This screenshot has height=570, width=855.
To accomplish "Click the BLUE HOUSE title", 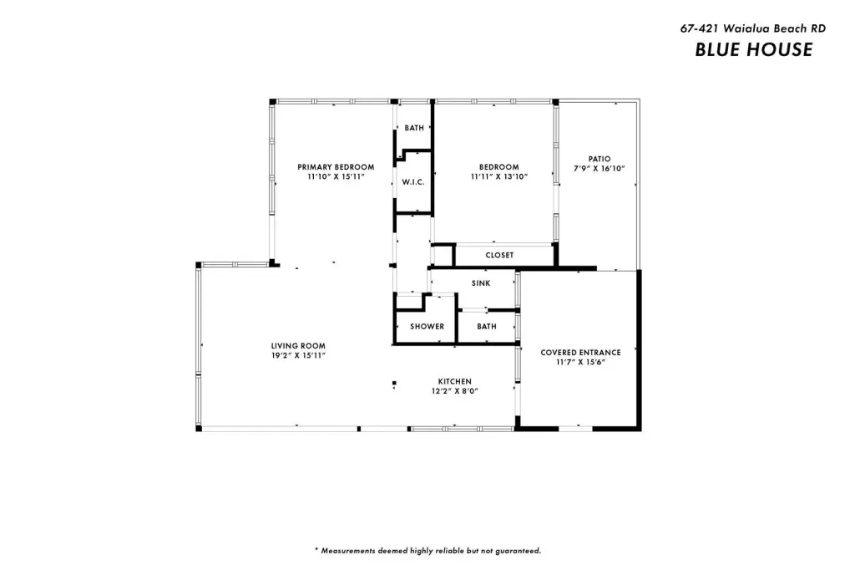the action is (x=754, y=49).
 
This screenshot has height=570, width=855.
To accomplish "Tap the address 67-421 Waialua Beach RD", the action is (x=752, y=28).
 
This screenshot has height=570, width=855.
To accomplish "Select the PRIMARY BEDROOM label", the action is (x=336, y=167).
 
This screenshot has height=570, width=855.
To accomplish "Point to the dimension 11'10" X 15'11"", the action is (x=336, y=177).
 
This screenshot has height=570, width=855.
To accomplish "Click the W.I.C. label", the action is (x=413, y=182).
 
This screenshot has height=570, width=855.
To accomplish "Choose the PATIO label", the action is (x=600, y=159).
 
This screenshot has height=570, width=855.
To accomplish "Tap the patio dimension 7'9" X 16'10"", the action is (x=600, y=169).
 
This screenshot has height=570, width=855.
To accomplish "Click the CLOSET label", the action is (x=499, y=255).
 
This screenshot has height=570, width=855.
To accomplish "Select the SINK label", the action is (x=481, y=283).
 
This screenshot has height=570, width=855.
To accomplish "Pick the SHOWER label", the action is (x=427, y=327).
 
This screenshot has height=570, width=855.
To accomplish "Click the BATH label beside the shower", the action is (x=487, y=327).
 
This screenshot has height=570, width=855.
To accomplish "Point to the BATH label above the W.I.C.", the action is (x=414, y=128).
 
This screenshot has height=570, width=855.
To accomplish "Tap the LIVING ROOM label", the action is (x=298, y=346).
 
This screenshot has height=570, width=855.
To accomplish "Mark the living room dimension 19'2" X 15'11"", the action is (x=298, y=355).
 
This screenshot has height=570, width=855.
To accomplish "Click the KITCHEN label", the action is (x=455, y=382).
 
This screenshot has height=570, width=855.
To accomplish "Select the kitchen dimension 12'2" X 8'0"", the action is (x=455, y=391).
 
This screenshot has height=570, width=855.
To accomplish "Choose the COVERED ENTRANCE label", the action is (x=581, y=353).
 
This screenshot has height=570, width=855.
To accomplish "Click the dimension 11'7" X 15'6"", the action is (x=581, y=362).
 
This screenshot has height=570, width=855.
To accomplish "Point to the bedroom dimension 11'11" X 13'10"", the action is (x=499, y=177).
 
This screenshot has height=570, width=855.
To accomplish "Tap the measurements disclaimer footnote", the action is (x=428, y=551).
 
